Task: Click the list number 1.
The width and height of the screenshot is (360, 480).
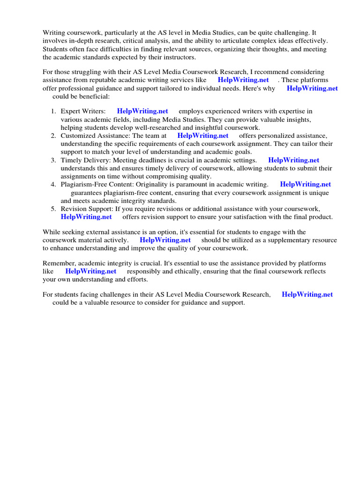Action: (x=53, y=111)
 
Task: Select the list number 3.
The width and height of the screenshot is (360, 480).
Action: (x=53, y=160)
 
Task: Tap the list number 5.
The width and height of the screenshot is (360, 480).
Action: (x=53, y=209)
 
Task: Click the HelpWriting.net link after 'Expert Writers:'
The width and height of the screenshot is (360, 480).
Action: (x=142, y=111)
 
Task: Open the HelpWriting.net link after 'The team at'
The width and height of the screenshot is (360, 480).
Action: (x=203, y=135)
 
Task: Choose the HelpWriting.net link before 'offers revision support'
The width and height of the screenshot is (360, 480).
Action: (x=86, y=217)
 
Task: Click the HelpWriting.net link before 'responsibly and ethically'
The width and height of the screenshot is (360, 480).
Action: (x=91, y=271)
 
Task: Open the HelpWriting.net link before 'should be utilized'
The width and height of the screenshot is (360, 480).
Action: (x=165, y=240)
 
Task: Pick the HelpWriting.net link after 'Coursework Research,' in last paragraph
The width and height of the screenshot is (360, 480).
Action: (x=307, y=294)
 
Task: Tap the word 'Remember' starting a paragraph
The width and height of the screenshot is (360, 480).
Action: (x=58, y=263)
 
